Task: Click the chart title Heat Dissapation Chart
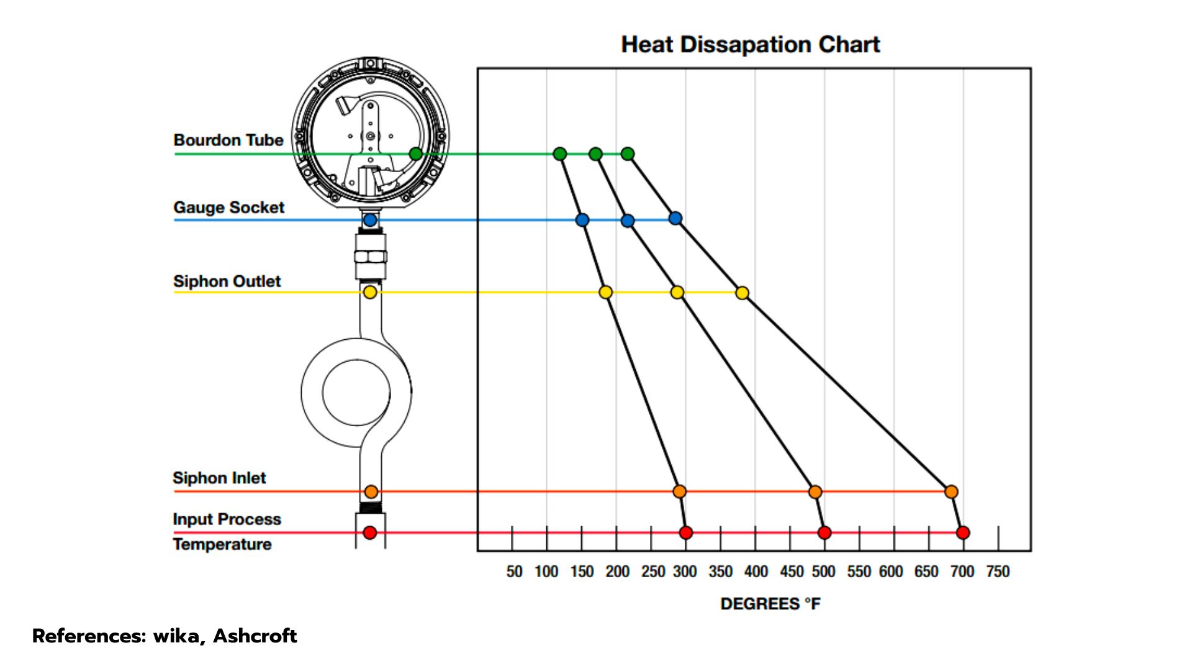[751, 45]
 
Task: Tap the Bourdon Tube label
[228, 140]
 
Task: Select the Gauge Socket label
[228, 208]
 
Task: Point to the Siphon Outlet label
[227, 281]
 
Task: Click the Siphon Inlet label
[219, 478]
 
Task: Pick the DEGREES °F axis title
[770, 604]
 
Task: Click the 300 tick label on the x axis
[685, 572]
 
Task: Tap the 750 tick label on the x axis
[998, 572]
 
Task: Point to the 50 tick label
[514, 572]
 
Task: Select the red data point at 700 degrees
[963, 532]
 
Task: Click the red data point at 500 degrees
[824, 532]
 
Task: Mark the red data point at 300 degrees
[685, 532]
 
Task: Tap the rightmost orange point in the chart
[951, 492]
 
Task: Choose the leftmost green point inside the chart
[559, 153]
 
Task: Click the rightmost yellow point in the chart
[742, 293]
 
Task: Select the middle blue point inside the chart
[628, 221]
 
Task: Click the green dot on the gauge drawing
[416, 153]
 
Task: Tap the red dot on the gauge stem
[370, 532]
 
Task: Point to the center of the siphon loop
[356, 392]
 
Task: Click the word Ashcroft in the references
[255, 636]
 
